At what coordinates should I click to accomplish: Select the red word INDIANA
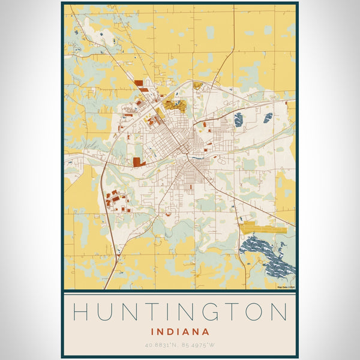click(180, 331)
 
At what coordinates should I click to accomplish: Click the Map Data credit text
click(286, 287)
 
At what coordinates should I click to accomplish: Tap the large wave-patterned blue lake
click(267, 255)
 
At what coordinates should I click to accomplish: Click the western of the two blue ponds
click(238, 119)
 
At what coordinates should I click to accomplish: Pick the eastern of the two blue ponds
click(268, 118)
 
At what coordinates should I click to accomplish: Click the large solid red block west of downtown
click(138, 161)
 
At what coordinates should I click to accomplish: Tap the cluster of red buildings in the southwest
click(114, 198)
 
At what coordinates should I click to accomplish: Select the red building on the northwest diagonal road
click(139, 84)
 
